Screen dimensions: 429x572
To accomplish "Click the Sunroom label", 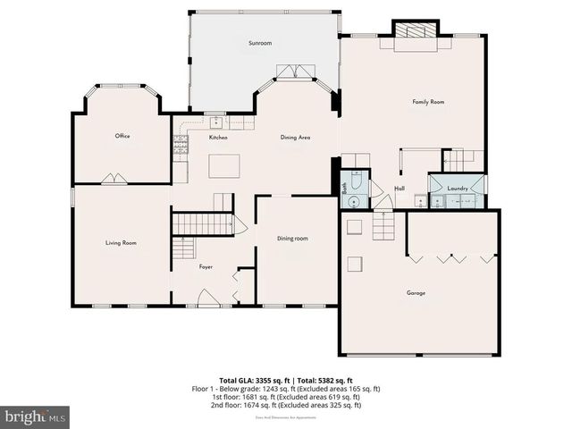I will pyautogui.click(x=260, y=42).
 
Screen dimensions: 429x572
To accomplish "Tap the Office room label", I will pyautogui.click(x=122, y=136).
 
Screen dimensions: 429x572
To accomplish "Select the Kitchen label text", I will pyautogui.click(x=218, y=138).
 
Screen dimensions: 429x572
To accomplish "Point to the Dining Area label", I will pyautogui.click(x=295, y=138).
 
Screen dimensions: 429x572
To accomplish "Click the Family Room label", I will pyautogui.click(x=428, y=103).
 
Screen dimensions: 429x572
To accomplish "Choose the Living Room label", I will pyautogui.click(x=121, y=242).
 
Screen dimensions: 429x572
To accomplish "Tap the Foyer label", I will pyautogui.click(x=206, y=266).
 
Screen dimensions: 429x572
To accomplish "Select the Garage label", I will pyautogui.click(x=416, y=292).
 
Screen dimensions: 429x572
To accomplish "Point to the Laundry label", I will pyautogui.click(x=458, y=189).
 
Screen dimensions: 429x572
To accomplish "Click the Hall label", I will pyautogui.click(x=400, y=189).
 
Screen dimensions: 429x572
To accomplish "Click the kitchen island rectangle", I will pyautogui.click(x=225, y=166).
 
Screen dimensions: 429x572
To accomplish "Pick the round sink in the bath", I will pyautogui.click(x=355, y=201).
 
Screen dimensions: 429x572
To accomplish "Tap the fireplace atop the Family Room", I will pyautogui.click(x=415, y=30).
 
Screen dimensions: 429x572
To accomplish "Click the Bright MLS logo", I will pyautogui.click(x=36, y=416).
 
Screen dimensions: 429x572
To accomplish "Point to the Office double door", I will pyautogui.click(x=114, y=179).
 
